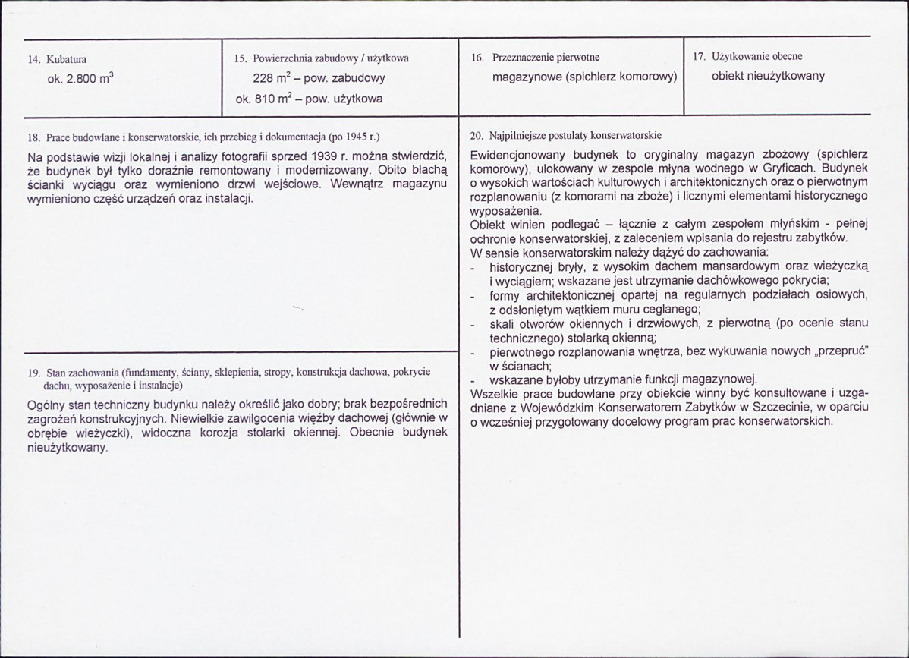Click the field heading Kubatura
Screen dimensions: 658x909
tap(66, 58)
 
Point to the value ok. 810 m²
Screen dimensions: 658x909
tap(270, 99)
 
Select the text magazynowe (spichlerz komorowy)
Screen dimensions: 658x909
tap(583, 77)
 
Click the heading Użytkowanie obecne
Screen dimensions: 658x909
tap(757, 57)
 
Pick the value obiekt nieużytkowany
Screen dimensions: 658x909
tap(768, 76)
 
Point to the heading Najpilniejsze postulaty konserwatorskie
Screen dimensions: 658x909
tap(577, 137)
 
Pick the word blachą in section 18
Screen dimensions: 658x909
tap(432, 171)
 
